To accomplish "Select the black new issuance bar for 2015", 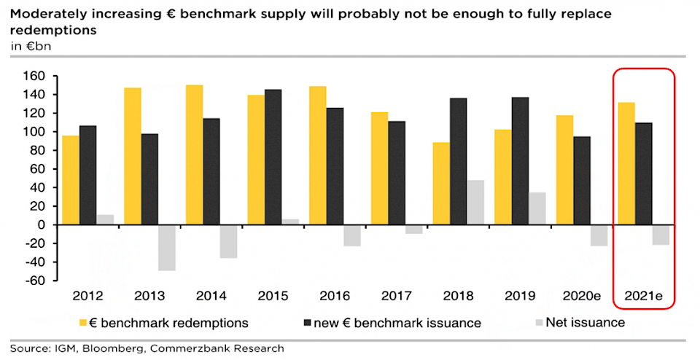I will pyautogui.click(x=273, y=157).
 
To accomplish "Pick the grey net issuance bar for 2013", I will pyautogui.click(x=166, y=247).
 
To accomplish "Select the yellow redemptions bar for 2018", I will pyautogui.click(x=440, y=183).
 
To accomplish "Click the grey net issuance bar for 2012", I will pyautogui.click(x=104, y=219).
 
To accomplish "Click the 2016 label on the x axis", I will pyautogui.click(x=335, y=297).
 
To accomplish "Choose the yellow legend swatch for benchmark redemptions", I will pyautogui.click(x=82, y=322).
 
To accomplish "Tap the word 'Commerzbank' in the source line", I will pyautogui.click(x=187, y=348).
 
